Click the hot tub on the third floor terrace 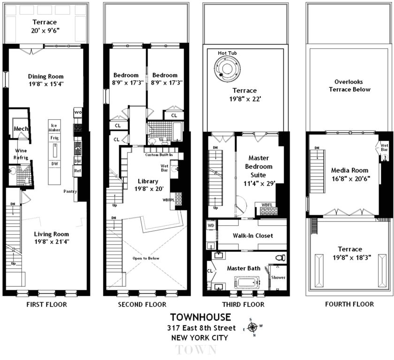pyautogui.click(x=227, y=68)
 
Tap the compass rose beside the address pyautogui.click(x=252, y=327)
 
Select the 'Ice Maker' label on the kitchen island pyautogui.click(x=54, y=128)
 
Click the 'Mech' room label pyautogui.click(x=21, y=129)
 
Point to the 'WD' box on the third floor pyautogui.click(x=211, y=225)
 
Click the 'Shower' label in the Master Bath pyautogui.click(x=278, y=277)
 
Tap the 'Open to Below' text pyautogui.click(x=146, y=258)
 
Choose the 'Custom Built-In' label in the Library pyautogui.click(x=159, y=155)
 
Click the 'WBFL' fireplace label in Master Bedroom pyautogui.click(x=267, y=205)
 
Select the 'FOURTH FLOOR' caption pyautogui.click(x=349, y=304)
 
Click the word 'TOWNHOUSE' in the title pyautogui.click(x=200, y=317)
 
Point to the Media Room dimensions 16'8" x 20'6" pyautogui.click(x=350, y=179)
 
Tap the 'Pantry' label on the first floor pyautogui.click(x=70, y=191)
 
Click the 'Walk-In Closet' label pyautogui.click(x=252, y=236)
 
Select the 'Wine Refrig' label pyautogui.click(x=21, y=154)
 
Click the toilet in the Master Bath pyautogui.click(x=280, y=257)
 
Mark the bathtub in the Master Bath pyautogui.click(x=248, y=283)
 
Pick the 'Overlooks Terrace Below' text pyautogui.click(x=349, y=85)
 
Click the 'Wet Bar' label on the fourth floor pyautogui.click(x=384, y=147)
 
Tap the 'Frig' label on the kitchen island pyautogui.click(x=54, y=138)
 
